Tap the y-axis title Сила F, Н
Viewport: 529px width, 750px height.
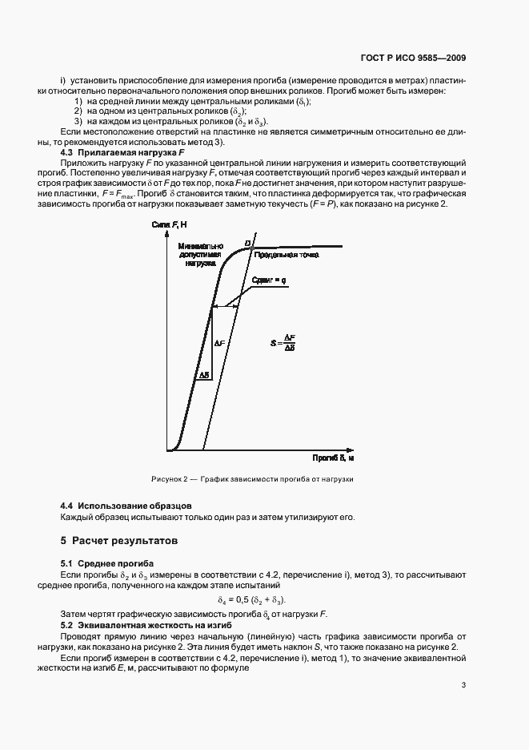169,224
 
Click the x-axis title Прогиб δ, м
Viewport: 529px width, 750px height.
334,458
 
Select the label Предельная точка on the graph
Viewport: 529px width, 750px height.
287,255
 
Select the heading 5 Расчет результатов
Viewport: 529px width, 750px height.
119,541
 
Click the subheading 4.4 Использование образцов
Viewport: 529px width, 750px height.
126,505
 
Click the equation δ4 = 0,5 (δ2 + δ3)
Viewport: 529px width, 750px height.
251,600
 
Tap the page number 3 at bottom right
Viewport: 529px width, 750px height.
463,684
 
